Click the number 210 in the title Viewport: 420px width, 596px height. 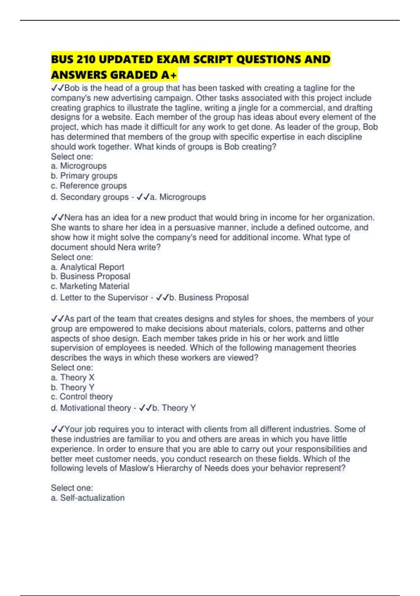tap(86, 60)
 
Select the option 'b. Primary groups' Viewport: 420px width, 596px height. tap(84, 176)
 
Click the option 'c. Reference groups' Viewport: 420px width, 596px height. tap(89, 185)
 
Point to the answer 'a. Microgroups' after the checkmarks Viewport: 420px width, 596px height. tap(178, 197)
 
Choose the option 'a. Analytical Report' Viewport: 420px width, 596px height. tap(87, 267)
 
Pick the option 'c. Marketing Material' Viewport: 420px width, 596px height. tap(90, 286)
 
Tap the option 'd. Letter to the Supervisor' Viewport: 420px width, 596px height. tap(99, 298)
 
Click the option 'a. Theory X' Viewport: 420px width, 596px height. tap(72, 377)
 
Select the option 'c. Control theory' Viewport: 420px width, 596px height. tap(82, 397)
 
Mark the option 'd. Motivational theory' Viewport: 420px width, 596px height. tap(91, 408)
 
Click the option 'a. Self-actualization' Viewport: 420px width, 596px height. tap(87, 498)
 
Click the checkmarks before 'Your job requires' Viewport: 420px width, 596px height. tap(57, 429)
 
